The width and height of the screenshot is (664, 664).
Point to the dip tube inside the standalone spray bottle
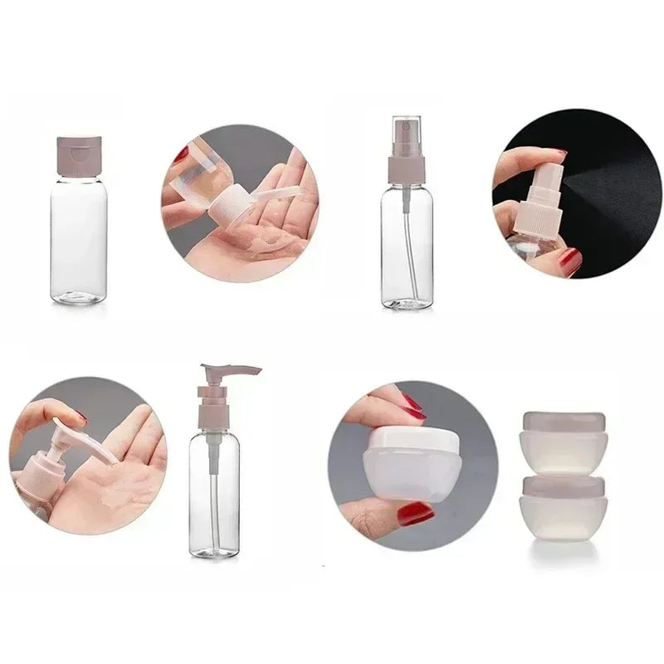click(x=407, y=249)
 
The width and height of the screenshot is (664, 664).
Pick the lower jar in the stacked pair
click(x=563, y=508)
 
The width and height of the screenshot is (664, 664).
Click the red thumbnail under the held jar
click(x=414, y=514)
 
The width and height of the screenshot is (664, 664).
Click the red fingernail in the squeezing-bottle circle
click(x=182, y=155)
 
